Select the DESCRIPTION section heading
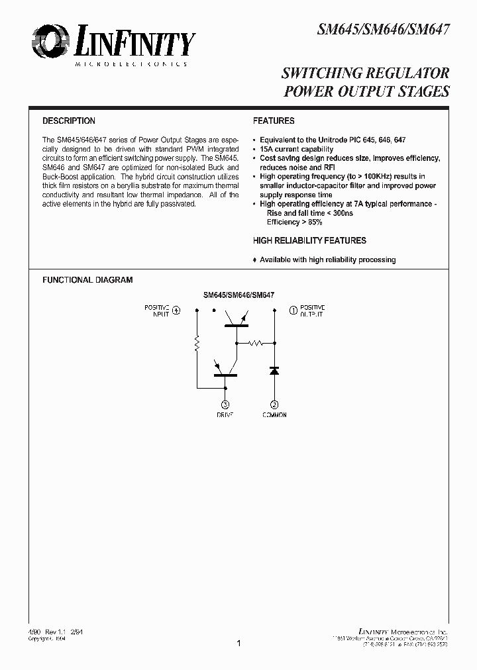69,121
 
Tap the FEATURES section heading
274,121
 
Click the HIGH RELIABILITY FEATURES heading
309,241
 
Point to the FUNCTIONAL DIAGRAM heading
87,280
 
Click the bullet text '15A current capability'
296,150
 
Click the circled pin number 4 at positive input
176,310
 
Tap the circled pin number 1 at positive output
293,310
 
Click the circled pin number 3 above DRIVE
225,404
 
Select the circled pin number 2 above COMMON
274,404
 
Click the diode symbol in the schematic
274,371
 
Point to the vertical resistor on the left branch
197,344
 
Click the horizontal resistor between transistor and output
256,343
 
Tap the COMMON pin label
274,415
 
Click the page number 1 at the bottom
238,643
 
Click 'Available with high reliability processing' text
327,260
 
